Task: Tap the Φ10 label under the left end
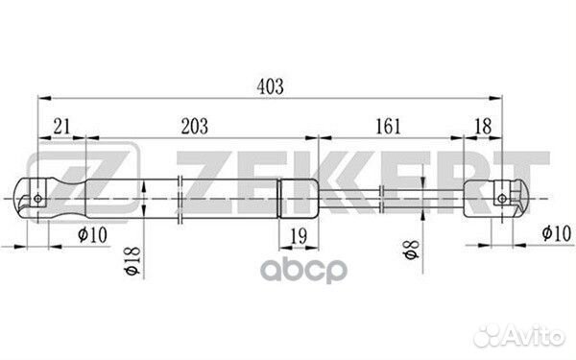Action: pos(93,233)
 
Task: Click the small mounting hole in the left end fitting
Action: pos(37,199)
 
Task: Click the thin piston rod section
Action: pos(384,199)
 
